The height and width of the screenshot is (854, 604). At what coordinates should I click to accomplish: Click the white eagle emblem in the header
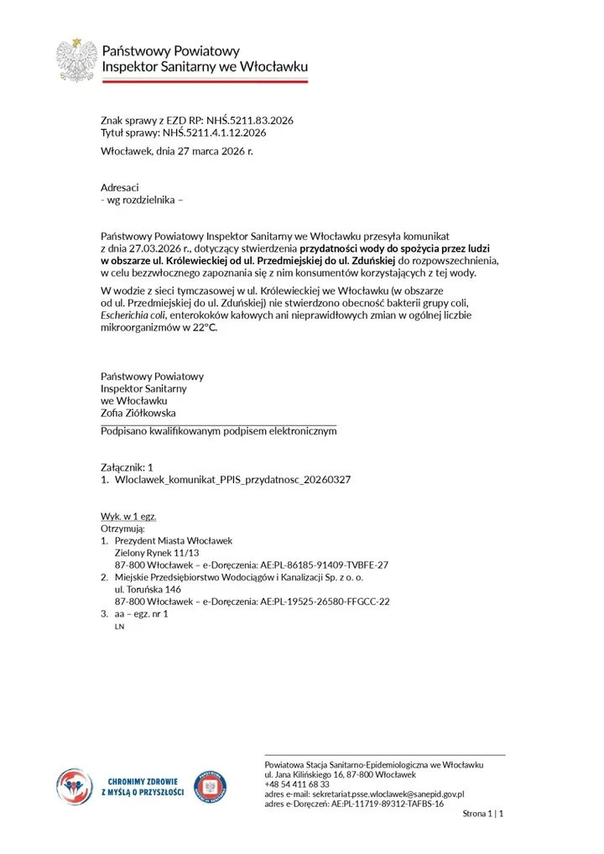(76, 60)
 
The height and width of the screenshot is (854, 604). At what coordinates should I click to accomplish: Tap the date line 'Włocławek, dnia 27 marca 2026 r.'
(176, 151)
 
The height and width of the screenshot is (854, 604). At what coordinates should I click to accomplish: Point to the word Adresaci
(119, 188)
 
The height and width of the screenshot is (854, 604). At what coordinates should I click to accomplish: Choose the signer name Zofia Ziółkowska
(138, 413)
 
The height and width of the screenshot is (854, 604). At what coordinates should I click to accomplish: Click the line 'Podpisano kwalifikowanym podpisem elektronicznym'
(218, 430)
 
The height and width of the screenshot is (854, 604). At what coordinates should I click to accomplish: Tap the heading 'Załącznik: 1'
(127, 466)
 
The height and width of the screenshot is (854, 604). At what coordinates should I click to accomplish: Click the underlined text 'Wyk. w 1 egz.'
(128, 516)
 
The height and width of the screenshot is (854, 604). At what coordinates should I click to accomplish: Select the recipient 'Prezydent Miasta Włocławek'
(173, 541)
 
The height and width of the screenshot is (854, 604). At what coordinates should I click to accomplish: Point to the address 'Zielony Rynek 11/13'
(157, 553)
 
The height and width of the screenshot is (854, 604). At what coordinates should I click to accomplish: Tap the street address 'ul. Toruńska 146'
(148, 589)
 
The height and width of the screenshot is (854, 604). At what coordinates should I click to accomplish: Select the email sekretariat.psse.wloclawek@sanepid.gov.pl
(387, 794)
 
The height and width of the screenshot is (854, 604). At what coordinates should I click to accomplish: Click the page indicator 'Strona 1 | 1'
(482, 814)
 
